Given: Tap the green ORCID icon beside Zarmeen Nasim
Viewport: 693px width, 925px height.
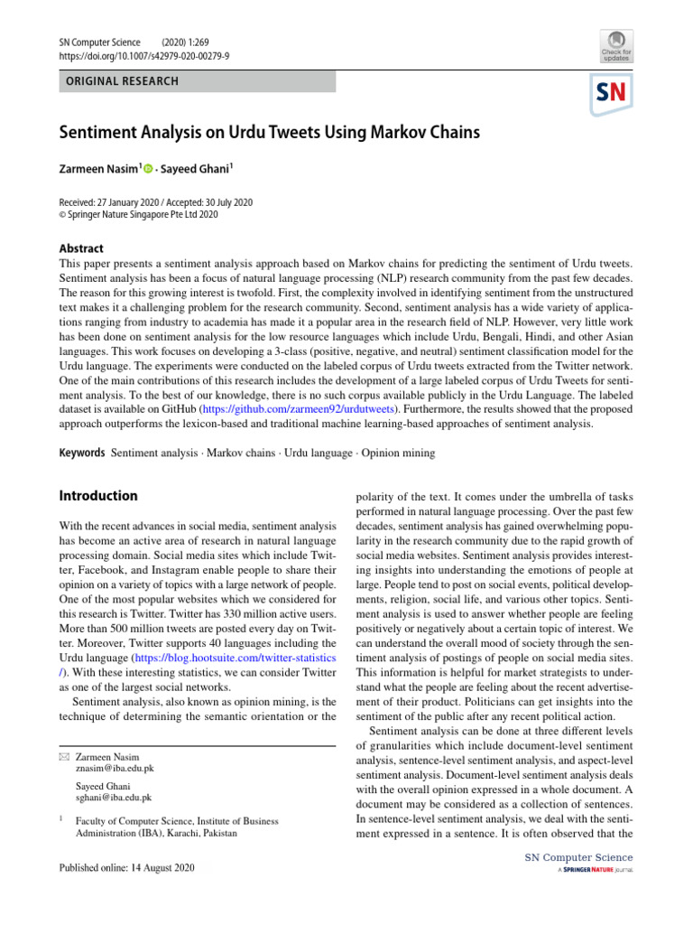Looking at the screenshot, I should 147,169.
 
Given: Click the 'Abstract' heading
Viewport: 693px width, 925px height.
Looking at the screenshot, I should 80,248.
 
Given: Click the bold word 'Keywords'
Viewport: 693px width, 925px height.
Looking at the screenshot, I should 81,452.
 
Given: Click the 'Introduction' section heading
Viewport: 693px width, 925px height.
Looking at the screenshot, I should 97,496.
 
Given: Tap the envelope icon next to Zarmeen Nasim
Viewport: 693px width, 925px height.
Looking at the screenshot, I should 63,756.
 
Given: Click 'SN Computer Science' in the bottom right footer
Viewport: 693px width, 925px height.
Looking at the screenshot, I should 575,857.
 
